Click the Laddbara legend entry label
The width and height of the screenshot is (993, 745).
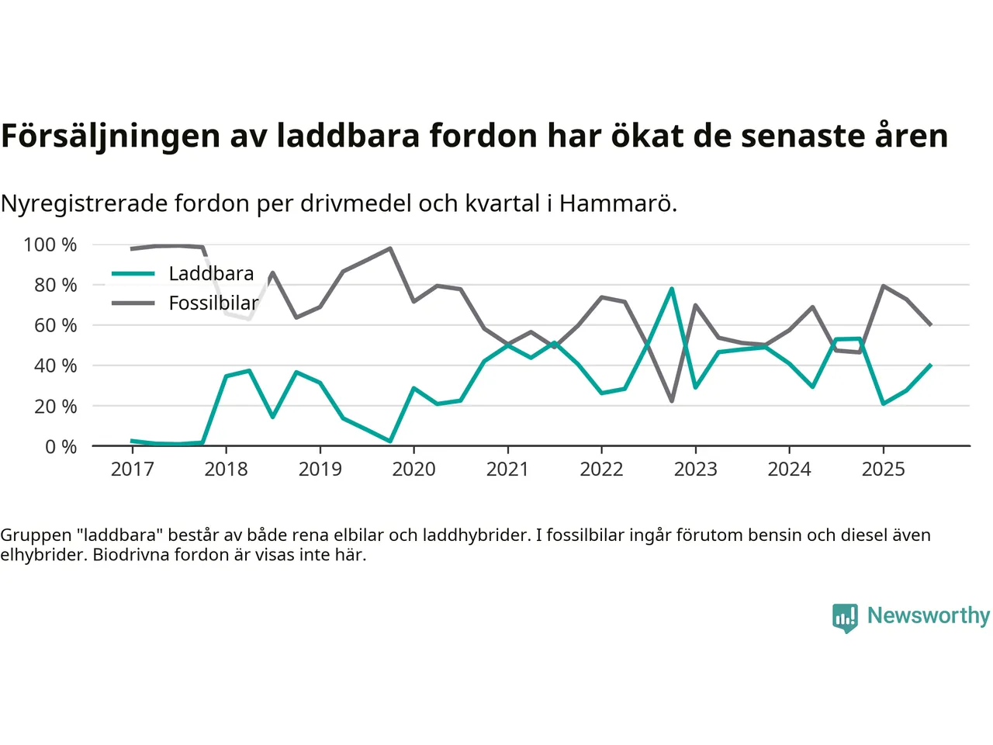click(x=211, y=274)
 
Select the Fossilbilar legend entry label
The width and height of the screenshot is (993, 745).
click(x=213, y=303)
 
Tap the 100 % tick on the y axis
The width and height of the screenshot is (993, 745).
click(x=50, y=245)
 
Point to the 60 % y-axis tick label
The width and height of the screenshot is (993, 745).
click(x=55, y=326)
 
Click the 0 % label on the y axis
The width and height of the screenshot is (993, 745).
click(x=61, y=447)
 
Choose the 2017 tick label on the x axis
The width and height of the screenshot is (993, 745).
click(x=132, y=470)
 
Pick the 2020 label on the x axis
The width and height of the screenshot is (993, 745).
click(x=413, y=470)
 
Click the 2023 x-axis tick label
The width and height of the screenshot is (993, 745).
click(x=695, y=470)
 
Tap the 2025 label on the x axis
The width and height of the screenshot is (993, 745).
click(x=883, y=470)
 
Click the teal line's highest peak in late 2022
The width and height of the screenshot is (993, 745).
click(x=672, y=289)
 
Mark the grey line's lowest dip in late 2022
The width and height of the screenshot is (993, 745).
click(x=672, y=401)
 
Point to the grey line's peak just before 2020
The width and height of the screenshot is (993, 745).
click(x=390, y=248)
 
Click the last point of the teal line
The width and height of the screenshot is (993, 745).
click(x=930, y=365)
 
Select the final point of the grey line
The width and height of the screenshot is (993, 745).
click(x=930, y=324)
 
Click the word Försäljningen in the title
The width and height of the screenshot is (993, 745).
click(x=111, y=136)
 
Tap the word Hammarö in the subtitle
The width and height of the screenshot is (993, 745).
click(x=618, y=203)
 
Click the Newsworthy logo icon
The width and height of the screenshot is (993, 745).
click(x=845, y=617)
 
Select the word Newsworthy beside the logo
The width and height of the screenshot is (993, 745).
click(x=929, y=615)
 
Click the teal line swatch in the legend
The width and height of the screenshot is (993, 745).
click(x=133, y=274)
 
